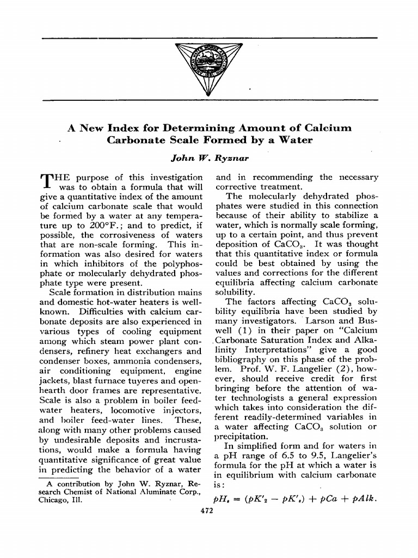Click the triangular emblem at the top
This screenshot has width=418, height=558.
(x=209, y=68)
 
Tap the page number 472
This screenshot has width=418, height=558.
(x=209, y=511)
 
